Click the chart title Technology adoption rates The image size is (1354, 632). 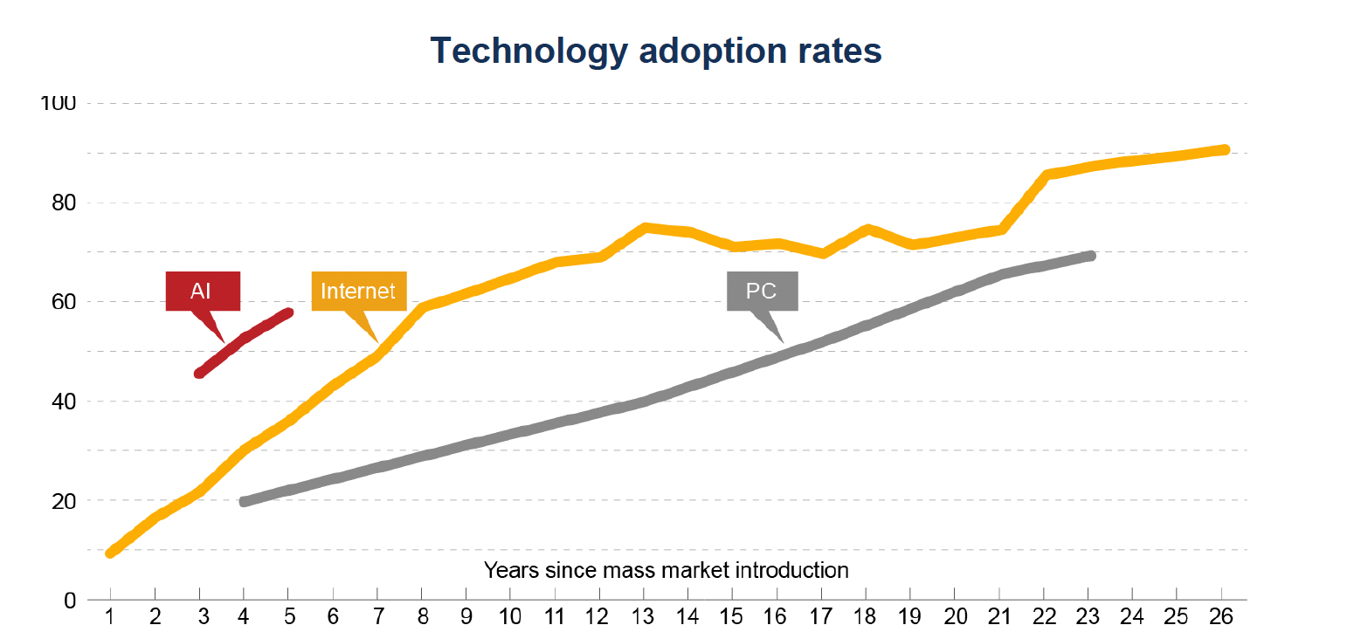656,51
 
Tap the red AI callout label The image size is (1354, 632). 203,292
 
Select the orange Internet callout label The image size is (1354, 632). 359,292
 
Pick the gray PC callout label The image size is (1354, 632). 763,292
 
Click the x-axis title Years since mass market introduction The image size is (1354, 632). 667,570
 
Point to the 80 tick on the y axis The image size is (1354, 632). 64,203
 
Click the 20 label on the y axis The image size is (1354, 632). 64,501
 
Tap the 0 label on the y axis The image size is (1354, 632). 70,601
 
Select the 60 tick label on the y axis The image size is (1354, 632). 64,302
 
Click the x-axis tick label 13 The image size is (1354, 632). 643,617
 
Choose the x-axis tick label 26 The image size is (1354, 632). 1221,617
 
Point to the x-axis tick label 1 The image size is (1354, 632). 110,617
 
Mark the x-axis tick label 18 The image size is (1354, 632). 865,617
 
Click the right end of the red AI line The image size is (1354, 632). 289,313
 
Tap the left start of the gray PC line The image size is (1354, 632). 244,501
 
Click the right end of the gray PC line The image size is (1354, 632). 1090,256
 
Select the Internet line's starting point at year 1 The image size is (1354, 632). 110,553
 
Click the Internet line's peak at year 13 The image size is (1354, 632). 646,228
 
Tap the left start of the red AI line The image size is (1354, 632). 199,374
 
